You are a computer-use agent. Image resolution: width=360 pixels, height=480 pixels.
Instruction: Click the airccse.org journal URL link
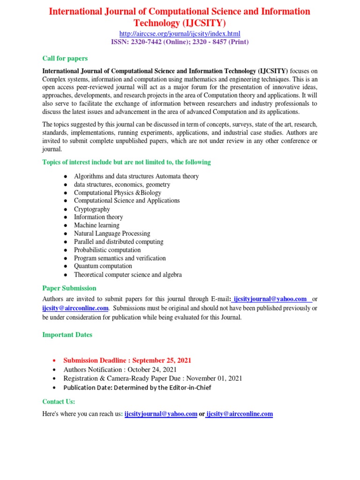[x=180, y=34]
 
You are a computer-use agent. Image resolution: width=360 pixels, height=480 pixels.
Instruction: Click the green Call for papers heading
[x=65, y=59]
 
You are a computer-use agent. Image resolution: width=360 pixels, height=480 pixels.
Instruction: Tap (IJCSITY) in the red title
[x=202, y=22]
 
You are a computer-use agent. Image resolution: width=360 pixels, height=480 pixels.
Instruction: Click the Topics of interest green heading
[x=127, y=162]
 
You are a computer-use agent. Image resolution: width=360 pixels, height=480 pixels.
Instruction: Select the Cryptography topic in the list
[x=92, y=209]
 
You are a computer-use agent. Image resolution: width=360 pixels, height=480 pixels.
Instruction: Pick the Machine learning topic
[x=97, y=225]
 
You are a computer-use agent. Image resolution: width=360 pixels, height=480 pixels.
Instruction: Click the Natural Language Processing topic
[x=112, y=233]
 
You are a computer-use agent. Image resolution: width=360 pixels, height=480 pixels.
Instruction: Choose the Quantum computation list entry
[x=103, y=266]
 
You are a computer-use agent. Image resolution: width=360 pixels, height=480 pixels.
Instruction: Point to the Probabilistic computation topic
[x=107, y=250]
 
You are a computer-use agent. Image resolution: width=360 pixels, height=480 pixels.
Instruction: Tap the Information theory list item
[x=98, y=217]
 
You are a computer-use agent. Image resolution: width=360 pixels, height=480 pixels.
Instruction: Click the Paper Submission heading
[x=69, y=288]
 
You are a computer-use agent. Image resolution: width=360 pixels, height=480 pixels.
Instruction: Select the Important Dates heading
[x=67, y=335]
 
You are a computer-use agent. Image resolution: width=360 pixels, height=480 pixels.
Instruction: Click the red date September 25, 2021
[x=161, y=360]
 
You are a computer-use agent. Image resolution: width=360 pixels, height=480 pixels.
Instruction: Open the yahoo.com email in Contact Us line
[x=161, y=414]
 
